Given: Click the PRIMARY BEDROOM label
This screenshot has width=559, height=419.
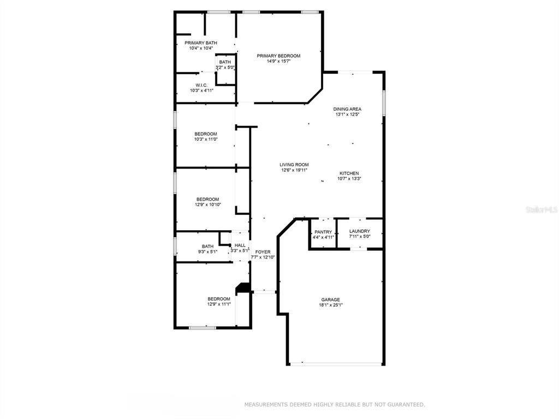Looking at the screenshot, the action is (x=278, y=56).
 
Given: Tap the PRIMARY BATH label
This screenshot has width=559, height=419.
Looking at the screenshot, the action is (x=201, y=43).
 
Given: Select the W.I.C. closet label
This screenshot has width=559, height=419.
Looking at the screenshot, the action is (x=201, y=86).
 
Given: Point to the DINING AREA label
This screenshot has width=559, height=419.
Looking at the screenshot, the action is (x=347, y=109).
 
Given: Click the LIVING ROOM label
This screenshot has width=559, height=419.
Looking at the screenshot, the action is (x=294, y=165).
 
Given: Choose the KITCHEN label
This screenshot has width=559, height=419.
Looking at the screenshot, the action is (x=349, y=173).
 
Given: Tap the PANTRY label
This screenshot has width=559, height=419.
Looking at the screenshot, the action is (x=323, y=232).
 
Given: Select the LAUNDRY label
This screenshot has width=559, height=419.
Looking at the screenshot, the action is (x=359, y=231).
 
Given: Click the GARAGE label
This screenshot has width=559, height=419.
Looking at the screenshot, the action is (x=330, y=300).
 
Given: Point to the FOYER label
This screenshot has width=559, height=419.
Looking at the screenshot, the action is (x=263, y=252).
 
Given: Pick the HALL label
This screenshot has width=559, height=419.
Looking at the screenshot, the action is (x=240, y=245).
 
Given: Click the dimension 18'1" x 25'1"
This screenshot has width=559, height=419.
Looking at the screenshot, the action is (x=331, y=305).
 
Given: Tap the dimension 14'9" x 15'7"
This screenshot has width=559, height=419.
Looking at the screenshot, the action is (x=279, y=61).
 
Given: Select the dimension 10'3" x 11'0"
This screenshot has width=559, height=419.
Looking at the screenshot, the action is (x=206, y=139).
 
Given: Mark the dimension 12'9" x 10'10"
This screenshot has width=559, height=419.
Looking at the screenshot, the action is (x=208, y=205).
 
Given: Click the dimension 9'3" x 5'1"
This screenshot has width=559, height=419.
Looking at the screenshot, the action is (x=208, y=252).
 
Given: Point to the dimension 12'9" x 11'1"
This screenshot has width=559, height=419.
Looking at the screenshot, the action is (x=219, y=304).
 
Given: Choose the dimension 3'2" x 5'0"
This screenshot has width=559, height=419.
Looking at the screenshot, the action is (x=225, y=67).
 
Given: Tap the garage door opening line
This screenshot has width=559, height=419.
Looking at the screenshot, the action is (x=336, y=364).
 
